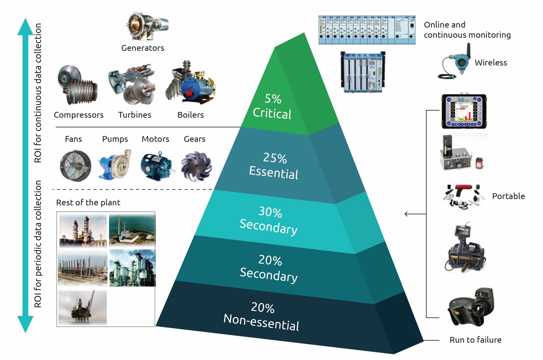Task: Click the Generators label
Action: (x=142, y=48)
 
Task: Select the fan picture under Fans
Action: (x=75, y=165)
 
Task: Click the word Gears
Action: (x=194, y=139)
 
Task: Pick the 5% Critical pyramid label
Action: (x=272, y=107)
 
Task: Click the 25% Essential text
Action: (x=274, y=166)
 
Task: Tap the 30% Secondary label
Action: (x=269, y=220)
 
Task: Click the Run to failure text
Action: (x=475, y=340)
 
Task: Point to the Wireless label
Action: (x=490, y=63)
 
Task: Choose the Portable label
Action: (x=508, y=196)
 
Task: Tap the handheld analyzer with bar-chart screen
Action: (x=464, y=111)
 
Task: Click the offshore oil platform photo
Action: (x=83, y=308)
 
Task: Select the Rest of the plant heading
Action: (x=88, y=203)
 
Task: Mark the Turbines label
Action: (x=134, y=115)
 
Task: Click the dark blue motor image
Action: (x=156, y=165)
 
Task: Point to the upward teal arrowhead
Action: (x=25, y=27)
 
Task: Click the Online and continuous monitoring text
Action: (x=467, y=30)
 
